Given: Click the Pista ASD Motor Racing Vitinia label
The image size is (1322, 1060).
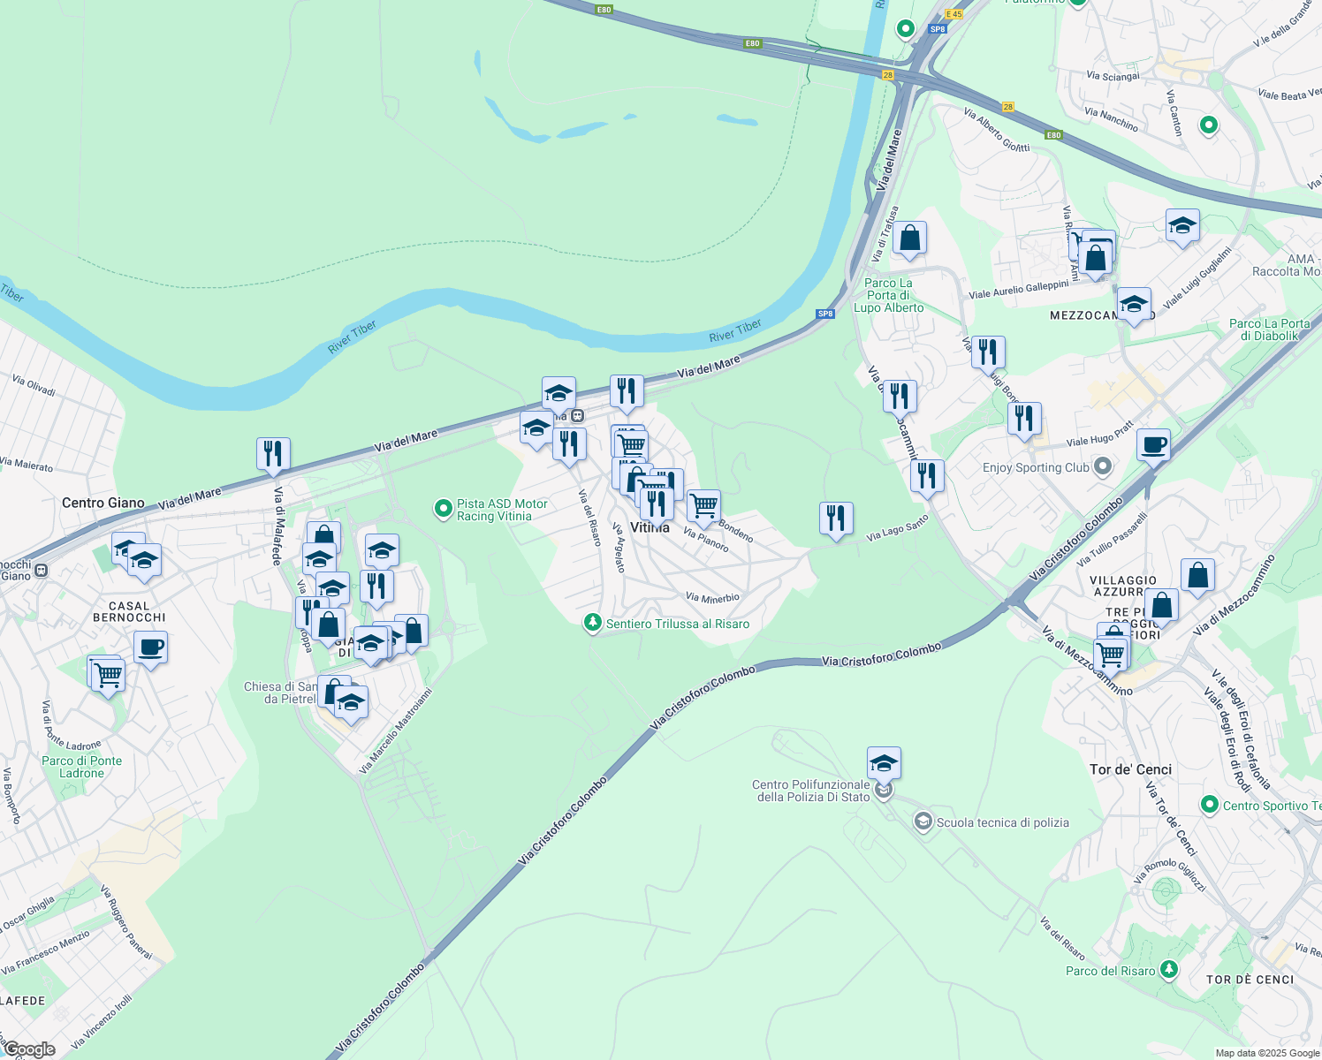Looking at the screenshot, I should tap(502, 510).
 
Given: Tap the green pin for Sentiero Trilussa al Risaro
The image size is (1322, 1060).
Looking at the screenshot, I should tap(592, 624).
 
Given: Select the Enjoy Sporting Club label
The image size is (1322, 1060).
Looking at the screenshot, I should tap(1036, 467).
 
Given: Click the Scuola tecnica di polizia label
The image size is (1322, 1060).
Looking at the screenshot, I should tap(1002, 822).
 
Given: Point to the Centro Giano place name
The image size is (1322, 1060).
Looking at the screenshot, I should tap(103, 503).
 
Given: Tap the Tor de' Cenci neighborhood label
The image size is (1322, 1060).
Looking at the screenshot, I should tap(1130, 769).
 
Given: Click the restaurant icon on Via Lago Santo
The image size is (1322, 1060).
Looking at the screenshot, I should tap(836, 519).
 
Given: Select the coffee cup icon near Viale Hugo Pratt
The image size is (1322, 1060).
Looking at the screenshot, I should tap(1153, 445).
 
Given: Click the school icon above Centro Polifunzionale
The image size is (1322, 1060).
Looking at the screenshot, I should tap(884, 762).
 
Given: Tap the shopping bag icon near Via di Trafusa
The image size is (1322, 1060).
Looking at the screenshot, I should tap(909, 238).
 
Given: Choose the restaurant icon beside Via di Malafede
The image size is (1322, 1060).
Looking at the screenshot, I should tap(274, 454).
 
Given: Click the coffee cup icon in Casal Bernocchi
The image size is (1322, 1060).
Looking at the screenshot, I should tap(151, 647).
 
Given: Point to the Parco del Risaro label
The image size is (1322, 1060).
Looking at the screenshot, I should tap(1110, 971).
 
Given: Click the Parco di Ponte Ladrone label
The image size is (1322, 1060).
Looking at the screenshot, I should tap(81, 767).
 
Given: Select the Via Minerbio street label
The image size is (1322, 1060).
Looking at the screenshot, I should tap(712, 598).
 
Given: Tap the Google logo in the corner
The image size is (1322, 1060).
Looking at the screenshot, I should tap(30, 1049).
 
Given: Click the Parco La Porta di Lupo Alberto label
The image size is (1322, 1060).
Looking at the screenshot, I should tap(888, 295).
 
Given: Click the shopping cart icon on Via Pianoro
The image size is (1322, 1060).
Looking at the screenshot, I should tap(703, 507).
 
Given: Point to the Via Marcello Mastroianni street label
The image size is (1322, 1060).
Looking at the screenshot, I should tap(396, 731).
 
